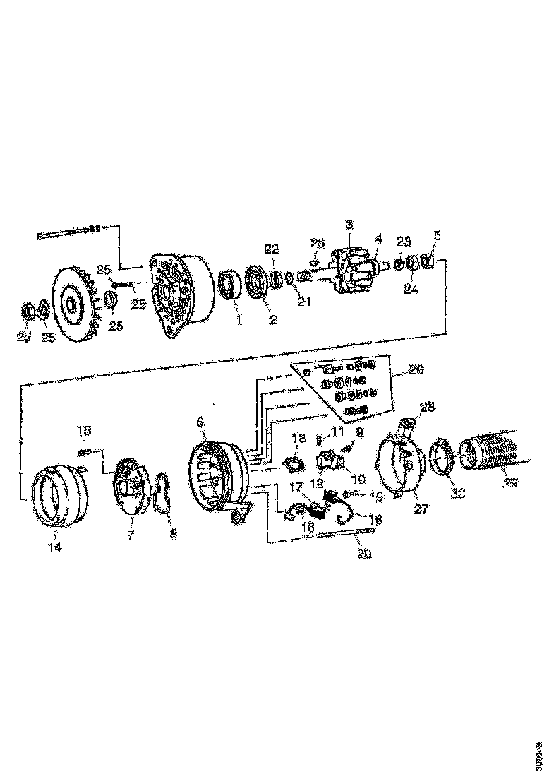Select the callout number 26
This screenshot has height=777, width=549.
(x=414, y=369)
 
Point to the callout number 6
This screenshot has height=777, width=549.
(x=200, y=422)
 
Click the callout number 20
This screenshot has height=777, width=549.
(x=364, y=554)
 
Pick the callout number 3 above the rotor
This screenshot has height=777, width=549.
(x=349, y=225)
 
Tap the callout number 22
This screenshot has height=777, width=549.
(x=272, y=248)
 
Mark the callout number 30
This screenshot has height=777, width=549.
(x=457, y=494)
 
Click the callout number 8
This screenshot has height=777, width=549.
(x=173, y=535)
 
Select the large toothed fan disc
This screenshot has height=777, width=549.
(x=71, y=304)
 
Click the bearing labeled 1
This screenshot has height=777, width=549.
(x=229, y=285)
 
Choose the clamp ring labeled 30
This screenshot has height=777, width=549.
(x=442, y=456)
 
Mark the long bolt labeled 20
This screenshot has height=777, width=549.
(x=346, y=535)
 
